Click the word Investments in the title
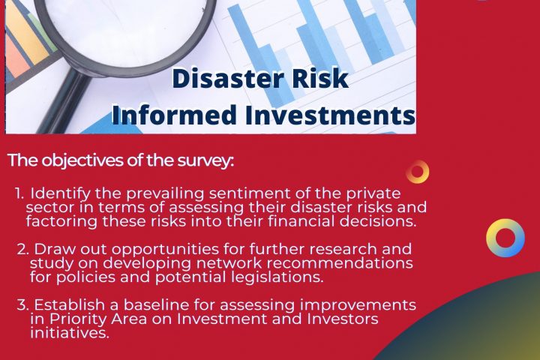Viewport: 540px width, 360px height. click(x=330, y=115)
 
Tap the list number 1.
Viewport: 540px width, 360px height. click(x=19, y=193)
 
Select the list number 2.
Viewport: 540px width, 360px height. click(x=22, y=249)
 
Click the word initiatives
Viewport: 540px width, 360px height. click(x=70, y=333)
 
